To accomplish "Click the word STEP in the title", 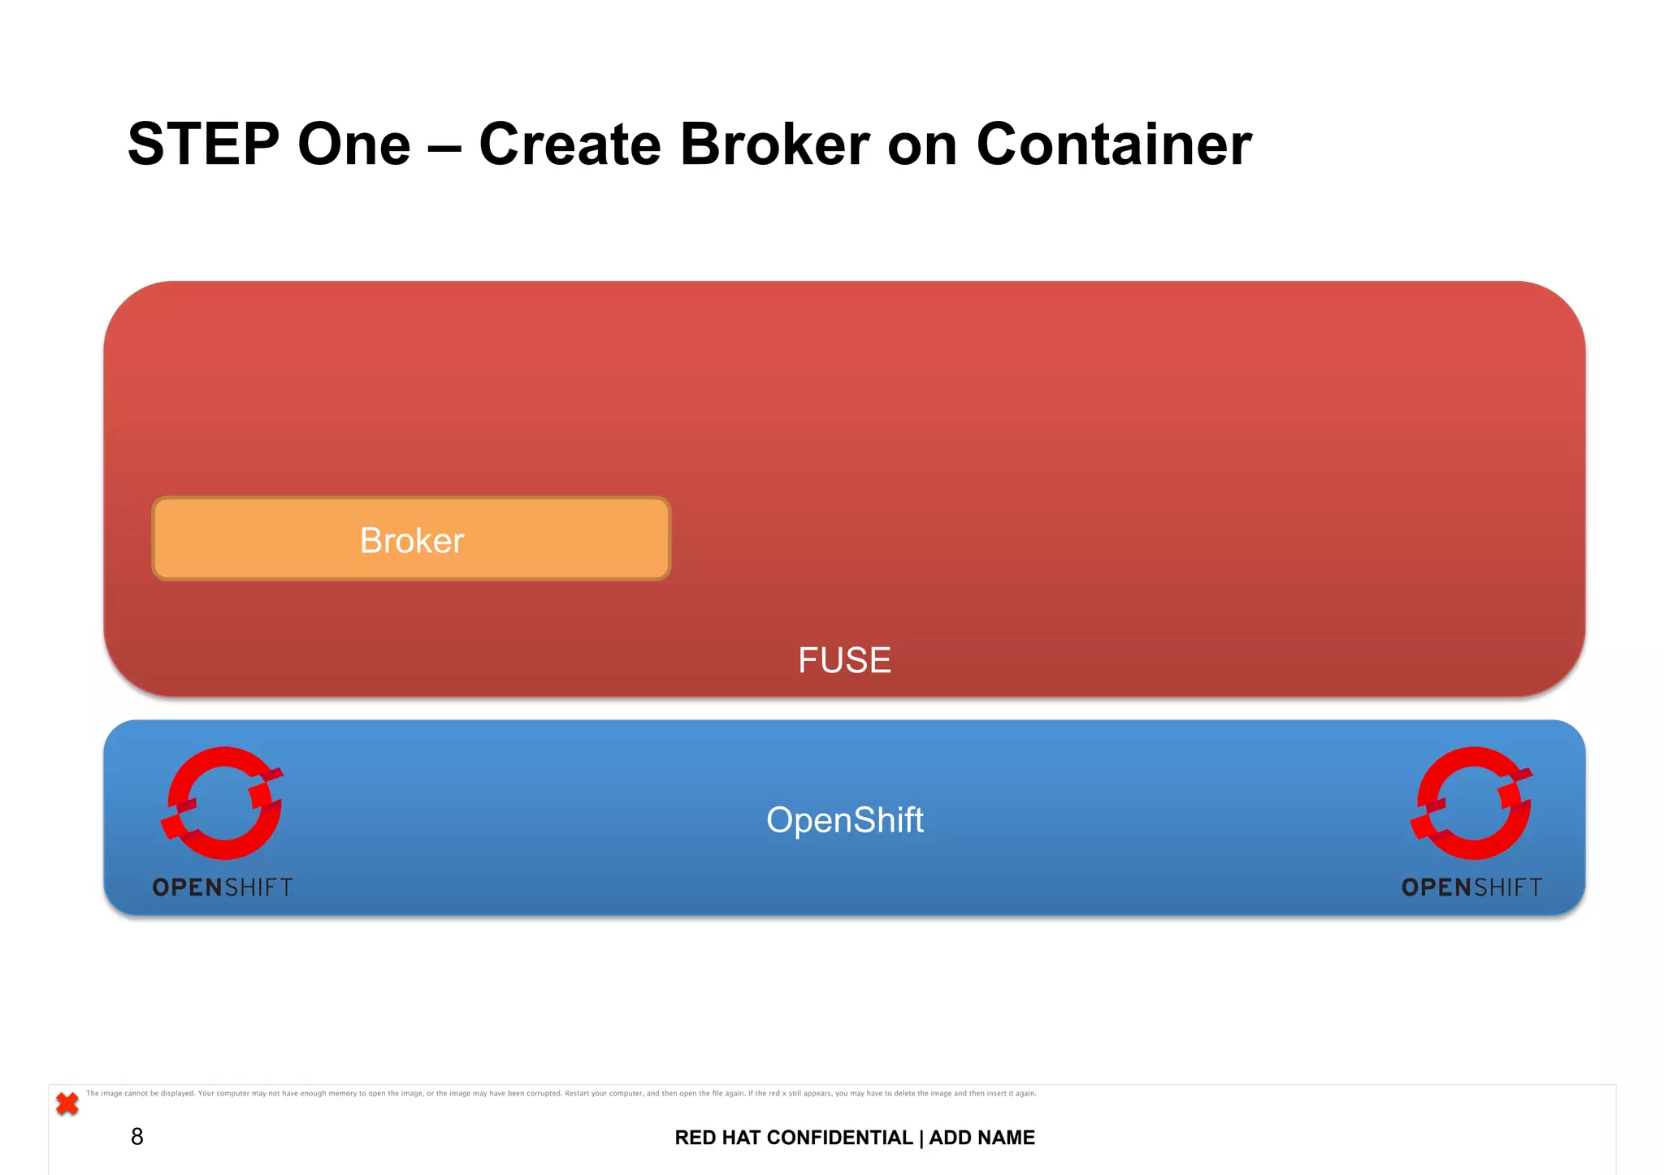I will pyautogui.click(x=203, y=145).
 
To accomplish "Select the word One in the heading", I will pyautogui.click(x=354, y=145).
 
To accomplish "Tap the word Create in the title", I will pyautogui.click(x=570, y=145).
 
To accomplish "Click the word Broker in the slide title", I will pyautogui.click(x=774, y=145).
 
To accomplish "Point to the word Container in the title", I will pyautogui.click(x=1114, y=145).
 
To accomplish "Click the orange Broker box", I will pyautogui.click(x=411, y=539).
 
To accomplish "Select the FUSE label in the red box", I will pyautogui.click(x=844, y=660).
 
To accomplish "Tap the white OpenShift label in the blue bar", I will pyautogui.click(x=844, y=820).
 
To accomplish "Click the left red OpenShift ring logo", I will pyautogui.click(x=223, y=802).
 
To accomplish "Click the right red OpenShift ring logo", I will pyautogui.click(x=1471, y=802).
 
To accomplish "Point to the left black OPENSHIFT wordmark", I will pyautogui.click(x=223, y=888).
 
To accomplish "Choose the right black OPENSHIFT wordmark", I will pyautogui.click(x=1471, y=888).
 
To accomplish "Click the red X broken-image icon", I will pyautogui.click(x=67, y=1104).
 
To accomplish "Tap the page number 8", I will pyautogui.click(x=136, y=1137).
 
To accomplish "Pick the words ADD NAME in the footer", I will pyautogui.click(x=981, y=1138).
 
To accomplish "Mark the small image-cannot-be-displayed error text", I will pyautogui.click(x=561, y=1094).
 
